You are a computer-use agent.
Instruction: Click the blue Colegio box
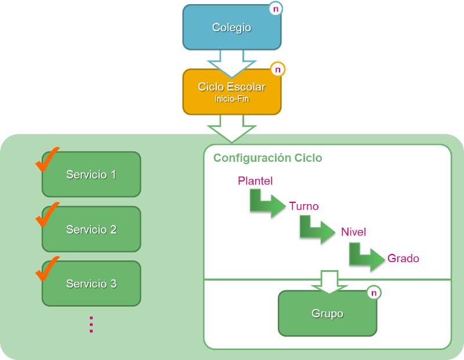point(231,27)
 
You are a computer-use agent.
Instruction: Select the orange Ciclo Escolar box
point(231,91)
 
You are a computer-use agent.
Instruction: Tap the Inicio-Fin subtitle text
point(231,99)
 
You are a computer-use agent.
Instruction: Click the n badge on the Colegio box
point(275,9)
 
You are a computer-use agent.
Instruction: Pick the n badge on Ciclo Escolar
point(278,70)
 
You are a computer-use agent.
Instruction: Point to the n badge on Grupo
point(374,293)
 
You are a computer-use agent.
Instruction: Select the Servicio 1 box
point(91,174)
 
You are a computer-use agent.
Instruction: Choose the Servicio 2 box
point(91,230)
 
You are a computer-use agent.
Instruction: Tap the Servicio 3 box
point(91,284)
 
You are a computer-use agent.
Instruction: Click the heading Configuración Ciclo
point(267,158)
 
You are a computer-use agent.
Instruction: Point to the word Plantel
point(255,181)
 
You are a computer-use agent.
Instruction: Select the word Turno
point(304,206)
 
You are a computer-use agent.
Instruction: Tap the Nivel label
point(353,232)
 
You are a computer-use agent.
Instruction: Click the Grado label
point(403,258)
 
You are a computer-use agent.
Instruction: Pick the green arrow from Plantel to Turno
point(267,203)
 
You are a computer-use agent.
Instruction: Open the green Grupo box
point(327,314)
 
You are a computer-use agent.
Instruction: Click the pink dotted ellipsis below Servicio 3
point(91,324)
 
